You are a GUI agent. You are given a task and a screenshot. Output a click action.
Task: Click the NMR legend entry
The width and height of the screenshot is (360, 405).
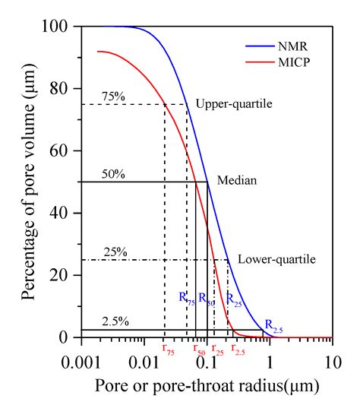pos(303,44)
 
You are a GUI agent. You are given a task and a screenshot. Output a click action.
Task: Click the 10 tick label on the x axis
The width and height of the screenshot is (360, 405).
pos(331,357)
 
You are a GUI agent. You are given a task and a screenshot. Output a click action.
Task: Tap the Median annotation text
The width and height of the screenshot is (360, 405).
pos(237,181)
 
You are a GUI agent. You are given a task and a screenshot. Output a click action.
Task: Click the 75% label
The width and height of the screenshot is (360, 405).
pos(113,97)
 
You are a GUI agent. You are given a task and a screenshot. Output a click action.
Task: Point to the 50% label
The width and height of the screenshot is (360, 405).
pos(113,174)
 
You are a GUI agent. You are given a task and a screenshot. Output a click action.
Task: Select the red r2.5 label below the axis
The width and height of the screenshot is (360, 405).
pos(238,348)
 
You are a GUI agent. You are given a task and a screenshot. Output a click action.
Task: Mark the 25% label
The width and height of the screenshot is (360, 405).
pos(113,252)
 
